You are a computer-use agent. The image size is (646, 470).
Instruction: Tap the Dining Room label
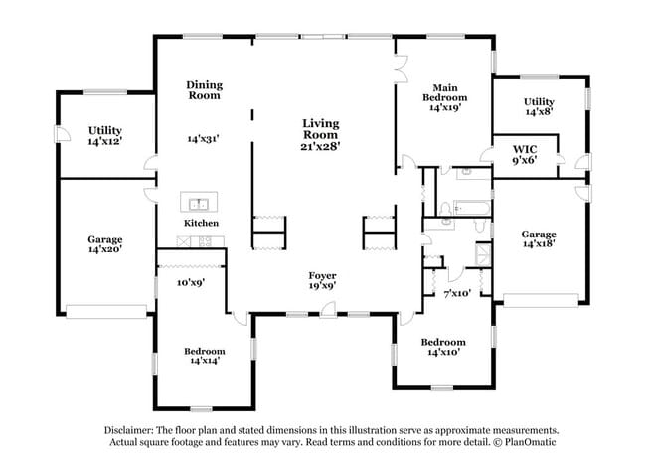(204, 90)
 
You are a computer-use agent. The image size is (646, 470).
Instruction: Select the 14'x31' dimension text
(203, 139)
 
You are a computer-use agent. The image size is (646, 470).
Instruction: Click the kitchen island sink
(199, 203)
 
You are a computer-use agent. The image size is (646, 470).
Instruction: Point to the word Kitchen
(201, 223)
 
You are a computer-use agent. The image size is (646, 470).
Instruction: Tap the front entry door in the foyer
(328, 310)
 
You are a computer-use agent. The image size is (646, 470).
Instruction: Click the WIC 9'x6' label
(525, 154)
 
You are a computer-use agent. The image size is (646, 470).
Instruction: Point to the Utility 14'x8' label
(539, 106)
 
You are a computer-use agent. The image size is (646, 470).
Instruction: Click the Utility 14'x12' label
(105, 135)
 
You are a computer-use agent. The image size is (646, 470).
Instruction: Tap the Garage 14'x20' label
(105, 244)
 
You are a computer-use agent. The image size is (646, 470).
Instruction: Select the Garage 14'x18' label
(539, 238)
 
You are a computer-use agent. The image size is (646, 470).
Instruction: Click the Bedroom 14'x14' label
(205, 356)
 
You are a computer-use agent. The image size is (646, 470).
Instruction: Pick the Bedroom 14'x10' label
(443, 347)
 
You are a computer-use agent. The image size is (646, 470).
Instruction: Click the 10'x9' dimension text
(191, 282)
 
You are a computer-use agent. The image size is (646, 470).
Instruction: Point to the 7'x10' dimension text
(457, 293)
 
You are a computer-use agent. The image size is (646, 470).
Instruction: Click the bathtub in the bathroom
(472, 208)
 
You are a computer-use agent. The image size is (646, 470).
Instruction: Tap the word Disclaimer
(129, 430)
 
